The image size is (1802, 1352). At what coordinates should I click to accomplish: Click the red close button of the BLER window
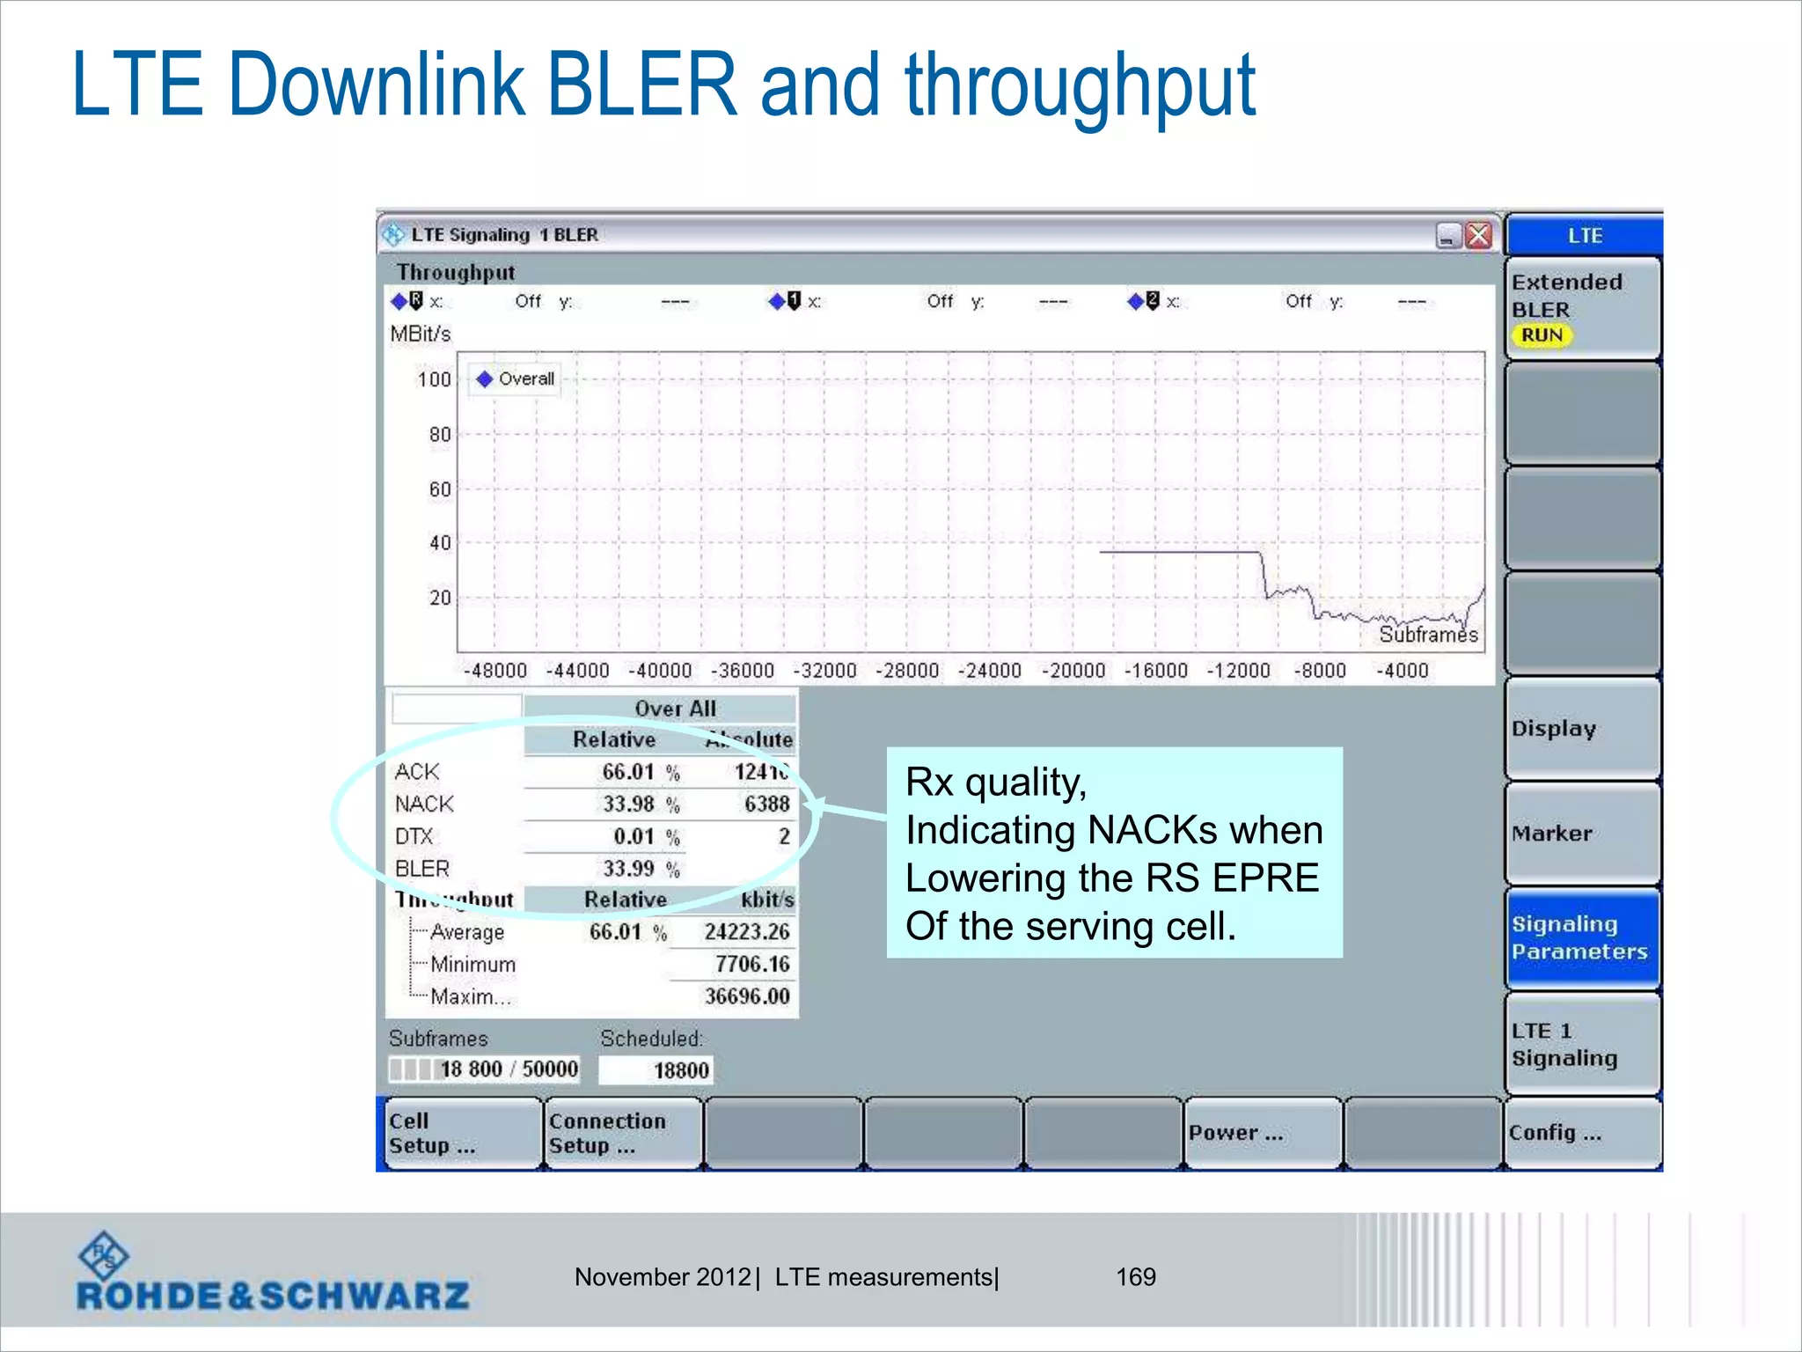pos(1479,235)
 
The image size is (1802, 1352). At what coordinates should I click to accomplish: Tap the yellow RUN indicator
pos(1542,335)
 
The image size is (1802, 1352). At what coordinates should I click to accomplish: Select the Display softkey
pos(1582,729)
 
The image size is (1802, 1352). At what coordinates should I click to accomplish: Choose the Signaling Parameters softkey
pos(1582,938)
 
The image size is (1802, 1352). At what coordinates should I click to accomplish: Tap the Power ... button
pos(1262,1133)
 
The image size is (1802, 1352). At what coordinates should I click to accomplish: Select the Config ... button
pos(1582,1133)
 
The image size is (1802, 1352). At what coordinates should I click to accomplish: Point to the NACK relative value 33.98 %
pos(640,805)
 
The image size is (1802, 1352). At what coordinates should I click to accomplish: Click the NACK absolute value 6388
pos(766,805)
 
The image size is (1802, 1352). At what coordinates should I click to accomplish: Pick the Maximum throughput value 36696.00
pos(746,996)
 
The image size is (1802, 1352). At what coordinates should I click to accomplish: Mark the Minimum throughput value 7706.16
pos(751,965)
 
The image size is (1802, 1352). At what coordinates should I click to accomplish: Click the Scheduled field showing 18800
pos(656,1070)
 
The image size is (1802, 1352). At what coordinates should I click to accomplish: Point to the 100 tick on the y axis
pos(434,379)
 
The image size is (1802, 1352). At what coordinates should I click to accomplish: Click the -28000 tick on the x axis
pos(907,671)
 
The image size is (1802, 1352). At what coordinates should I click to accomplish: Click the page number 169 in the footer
pos(1135,1277)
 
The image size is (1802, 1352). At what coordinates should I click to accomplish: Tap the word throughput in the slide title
pos(1080,86)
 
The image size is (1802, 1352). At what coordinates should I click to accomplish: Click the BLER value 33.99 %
pos(640,870)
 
